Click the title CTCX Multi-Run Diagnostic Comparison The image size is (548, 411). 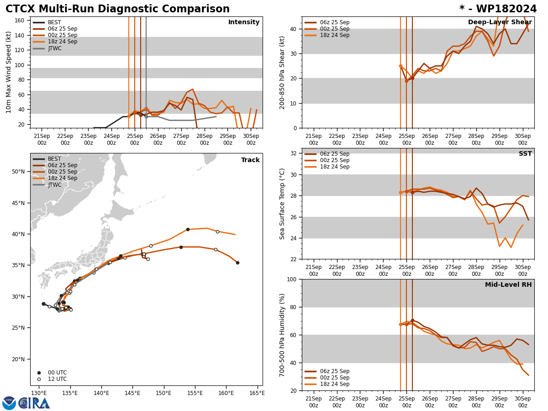point(117,9)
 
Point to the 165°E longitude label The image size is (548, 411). point(257,393)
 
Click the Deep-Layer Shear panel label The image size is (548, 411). point(500,22)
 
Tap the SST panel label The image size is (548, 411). point(525,154)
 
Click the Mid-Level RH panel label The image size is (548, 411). point(508,285)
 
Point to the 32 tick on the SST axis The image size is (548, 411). point(294,153)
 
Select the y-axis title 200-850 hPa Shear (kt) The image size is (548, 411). point(283,72)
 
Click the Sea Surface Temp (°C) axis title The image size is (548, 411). point(283,204)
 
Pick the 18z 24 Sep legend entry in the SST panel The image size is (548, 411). point(335,167)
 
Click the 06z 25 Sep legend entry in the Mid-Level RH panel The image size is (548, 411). point(335,371)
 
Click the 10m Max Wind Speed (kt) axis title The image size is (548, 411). point(9,72)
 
